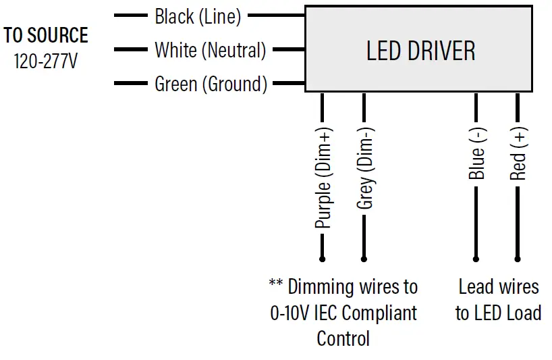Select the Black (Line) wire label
point(198,16)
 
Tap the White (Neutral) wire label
point(210,50)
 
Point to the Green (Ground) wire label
point(211,84)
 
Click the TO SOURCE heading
point(46,35)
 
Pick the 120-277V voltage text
point(46,61)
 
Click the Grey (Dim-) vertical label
point(365,168)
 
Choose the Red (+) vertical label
point(518,156)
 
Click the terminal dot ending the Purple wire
point(322,259)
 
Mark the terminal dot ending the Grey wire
point(364,259)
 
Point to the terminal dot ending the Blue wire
point(476,259)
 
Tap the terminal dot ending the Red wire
point(518,259)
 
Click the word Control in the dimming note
point(343,338)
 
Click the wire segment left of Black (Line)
point(130,15)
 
